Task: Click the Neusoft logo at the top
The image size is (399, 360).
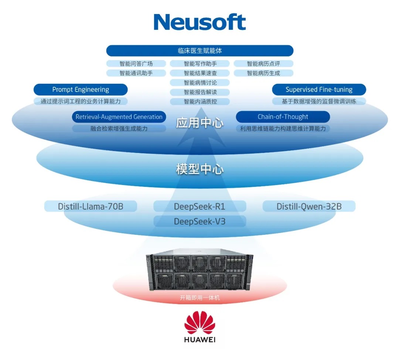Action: (x=200, y=22)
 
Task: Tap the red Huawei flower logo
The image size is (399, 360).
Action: (x=200, y=322)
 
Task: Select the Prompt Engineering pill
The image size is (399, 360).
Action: (x=81, y=89)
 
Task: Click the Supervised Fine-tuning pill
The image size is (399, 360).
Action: (x=319, y=89)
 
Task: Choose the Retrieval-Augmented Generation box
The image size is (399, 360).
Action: (x=119, y=117)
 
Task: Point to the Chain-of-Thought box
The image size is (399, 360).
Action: (x=283, y=117)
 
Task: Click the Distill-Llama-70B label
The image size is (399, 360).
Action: (x=91, y=206)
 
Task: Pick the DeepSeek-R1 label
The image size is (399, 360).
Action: (x=200, y=206)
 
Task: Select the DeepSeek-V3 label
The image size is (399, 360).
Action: (x=200, y=221)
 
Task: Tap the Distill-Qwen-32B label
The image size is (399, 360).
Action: (x=309, y=206)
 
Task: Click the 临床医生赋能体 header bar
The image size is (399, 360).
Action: (x=200, y=51)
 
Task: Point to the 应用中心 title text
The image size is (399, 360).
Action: (x=200, y=123)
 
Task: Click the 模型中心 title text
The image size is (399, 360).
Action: (x=200, y=169)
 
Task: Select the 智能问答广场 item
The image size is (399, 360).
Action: (x=136, y=64)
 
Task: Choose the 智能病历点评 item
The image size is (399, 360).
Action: (x=263, y=64)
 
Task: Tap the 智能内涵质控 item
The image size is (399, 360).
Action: (x=200, y=102)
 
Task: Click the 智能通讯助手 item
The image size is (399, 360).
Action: (x=136, y=73)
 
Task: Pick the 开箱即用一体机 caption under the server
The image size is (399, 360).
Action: (x=200, y=298)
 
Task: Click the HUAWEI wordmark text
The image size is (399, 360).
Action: (x=200, y=340)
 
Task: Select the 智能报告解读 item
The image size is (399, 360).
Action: (x=200, y=92)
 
